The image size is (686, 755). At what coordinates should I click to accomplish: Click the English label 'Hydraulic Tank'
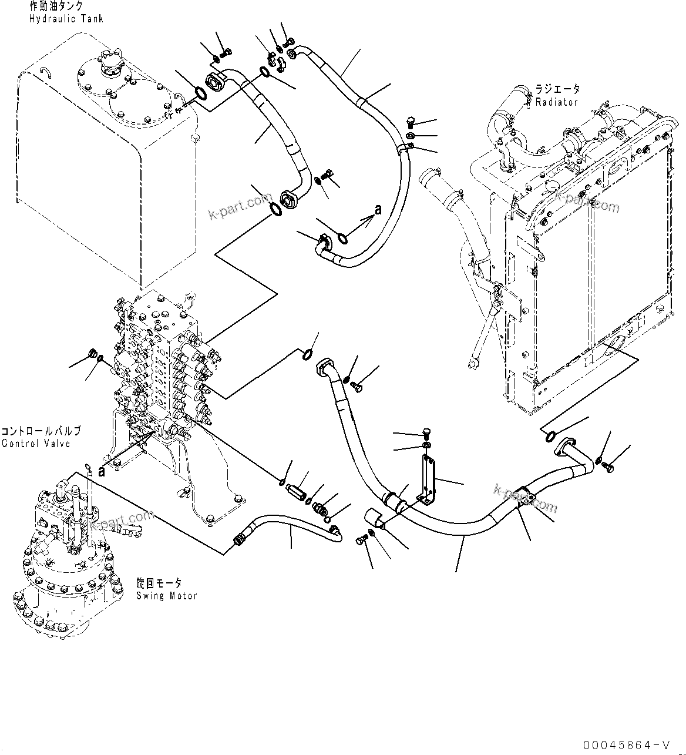(66, 19)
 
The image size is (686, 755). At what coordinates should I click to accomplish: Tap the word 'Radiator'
(556, 102)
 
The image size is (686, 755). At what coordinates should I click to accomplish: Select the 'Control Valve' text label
(36, 444)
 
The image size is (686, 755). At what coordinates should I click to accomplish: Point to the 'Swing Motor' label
(166, 595)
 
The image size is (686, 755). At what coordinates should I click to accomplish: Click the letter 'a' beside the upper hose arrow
(378, 209)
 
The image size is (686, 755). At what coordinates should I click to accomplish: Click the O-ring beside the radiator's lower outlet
(550, 435)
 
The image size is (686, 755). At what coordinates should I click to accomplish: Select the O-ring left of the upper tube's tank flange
(199, 93)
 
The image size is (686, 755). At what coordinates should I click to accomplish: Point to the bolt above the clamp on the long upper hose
(411, 123)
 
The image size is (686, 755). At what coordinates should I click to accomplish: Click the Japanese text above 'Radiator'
(557, 90)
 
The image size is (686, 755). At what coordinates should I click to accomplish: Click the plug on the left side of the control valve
(92, 354)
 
